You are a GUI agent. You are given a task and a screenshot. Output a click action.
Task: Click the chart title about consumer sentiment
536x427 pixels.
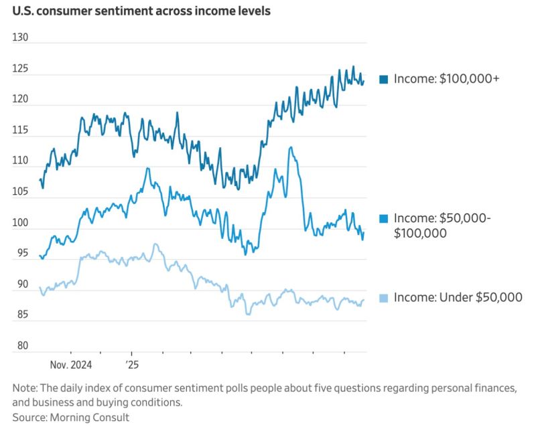point(141,12)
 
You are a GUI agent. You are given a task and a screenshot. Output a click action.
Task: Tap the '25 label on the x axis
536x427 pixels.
point(131,365)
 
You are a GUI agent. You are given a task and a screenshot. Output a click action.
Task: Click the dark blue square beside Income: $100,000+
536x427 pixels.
point(384,80)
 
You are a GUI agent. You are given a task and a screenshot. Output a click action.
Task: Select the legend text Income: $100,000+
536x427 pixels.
point(447,79)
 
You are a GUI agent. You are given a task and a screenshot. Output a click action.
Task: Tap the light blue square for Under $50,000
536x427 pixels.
point(384,298)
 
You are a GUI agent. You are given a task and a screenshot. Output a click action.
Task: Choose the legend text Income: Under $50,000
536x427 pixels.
point(458,298)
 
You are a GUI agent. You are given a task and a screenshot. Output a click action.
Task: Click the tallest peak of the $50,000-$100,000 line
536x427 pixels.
point(290,147)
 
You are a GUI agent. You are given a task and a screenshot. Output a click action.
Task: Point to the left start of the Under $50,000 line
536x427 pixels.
point(40,288)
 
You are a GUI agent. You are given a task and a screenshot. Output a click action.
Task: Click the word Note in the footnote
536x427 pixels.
point(25,388)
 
